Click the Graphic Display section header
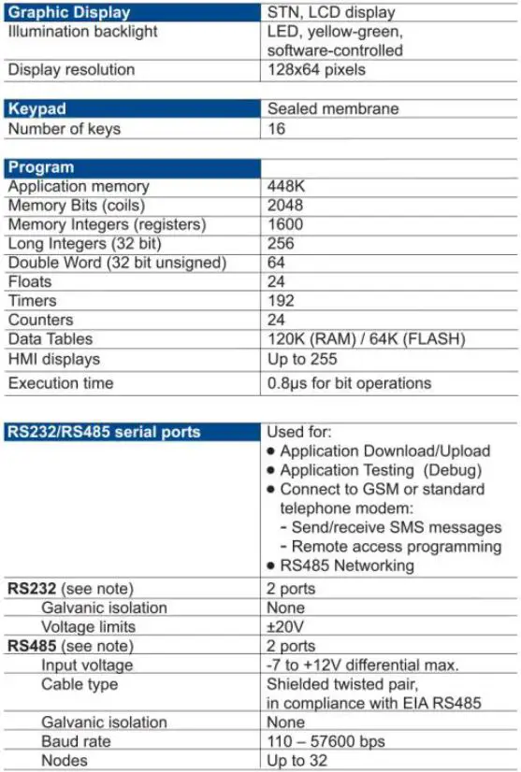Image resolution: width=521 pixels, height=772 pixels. tap(69, 13)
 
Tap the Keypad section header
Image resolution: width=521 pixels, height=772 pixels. tap(37, 109)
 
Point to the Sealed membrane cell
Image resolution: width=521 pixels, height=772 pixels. tap(332, 109)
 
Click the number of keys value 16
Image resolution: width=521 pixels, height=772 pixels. tap(277, 129)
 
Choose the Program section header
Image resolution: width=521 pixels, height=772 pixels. tap(40, 167)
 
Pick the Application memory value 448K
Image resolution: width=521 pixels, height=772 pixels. tap(286, 187)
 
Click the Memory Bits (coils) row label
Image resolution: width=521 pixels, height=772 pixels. tap(78, 206)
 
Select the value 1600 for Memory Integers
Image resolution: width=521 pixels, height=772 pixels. tap(284, 224)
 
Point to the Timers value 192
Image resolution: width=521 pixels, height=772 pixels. tap(281, 301)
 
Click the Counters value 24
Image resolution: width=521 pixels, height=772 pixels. tap(277, 320)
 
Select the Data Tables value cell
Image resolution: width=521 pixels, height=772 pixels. tap(366, 339)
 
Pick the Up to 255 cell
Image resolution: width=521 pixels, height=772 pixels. tap(303, 359)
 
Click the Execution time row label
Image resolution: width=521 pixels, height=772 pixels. tap(61, 383)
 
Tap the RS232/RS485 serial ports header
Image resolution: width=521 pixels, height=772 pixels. tap(104, 433)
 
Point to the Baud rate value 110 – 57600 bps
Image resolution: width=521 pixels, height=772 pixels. tap(326, 742)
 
